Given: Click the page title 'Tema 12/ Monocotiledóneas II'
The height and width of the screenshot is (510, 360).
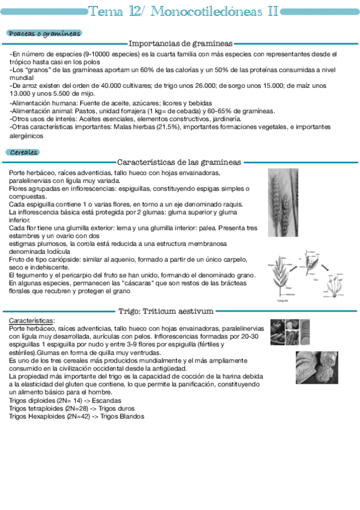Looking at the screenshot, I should (183, 11).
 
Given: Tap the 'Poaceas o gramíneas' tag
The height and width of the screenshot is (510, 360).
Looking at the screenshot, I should (44, 34).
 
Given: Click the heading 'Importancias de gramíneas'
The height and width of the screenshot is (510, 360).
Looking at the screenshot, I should (181, 43).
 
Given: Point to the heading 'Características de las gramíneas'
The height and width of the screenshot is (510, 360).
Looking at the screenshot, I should (180, 162).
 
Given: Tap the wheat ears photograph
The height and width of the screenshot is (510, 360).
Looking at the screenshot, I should (282, 201).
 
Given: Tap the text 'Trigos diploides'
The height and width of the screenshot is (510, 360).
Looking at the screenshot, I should (34, 401).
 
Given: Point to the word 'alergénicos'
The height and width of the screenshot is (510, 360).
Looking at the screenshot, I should (27, 136).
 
